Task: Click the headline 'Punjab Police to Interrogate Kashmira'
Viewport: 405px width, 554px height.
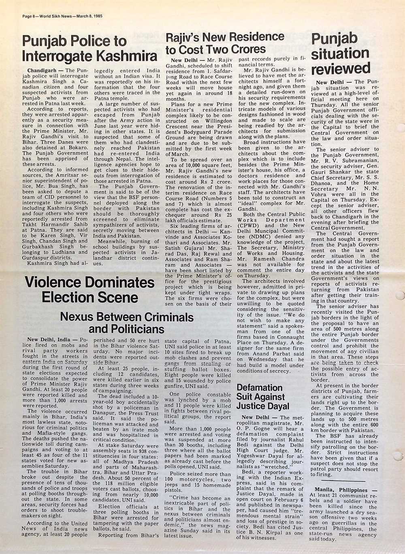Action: click(90, 48)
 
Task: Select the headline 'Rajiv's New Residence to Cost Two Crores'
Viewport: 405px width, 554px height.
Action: click(225, 43)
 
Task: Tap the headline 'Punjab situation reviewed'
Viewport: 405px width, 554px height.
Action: click(341, 53)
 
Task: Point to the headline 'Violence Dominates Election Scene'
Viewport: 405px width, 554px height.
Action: click(90, 290)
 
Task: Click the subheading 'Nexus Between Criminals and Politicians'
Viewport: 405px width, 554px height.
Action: click(126, 322)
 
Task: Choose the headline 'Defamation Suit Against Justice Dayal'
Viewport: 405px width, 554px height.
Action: click(263, 397)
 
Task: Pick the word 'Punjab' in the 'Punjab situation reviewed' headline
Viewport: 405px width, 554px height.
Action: click(334, 39)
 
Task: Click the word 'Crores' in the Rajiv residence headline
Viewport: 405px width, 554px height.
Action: click(248, 49)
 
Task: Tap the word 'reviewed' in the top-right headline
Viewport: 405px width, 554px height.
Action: click(341, 68)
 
